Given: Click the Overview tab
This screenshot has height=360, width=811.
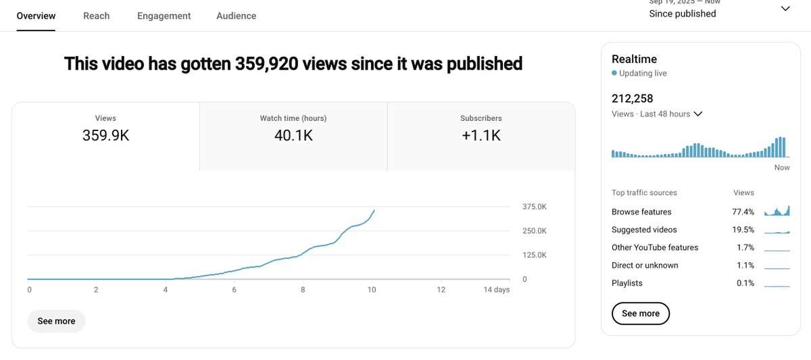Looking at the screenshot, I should click(36, 16).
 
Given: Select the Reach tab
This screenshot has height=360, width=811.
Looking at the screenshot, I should click(97, 16).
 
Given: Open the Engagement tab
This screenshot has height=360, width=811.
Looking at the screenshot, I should click(164, 16).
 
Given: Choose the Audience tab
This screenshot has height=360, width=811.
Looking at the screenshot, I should click(236, 16).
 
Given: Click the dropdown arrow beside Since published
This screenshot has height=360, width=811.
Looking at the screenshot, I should click(785, 9).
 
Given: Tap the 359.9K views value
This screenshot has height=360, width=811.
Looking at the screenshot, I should click(105, 135).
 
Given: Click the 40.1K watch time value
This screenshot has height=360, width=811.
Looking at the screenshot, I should click(293, 135).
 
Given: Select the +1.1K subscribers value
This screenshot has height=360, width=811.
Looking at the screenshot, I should click(481, 135).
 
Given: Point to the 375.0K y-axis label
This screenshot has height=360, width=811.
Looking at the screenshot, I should click(535, 207).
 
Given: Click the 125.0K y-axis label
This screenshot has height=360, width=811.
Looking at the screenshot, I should click(535, 255).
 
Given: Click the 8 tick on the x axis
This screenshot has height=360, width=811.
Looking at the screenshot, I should click(303, 290).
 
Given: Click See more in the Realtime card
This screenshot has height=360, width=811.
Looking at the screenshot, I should click(640, 313).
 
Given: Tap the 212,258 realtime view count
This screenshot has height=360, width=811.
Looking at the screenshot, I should click(633, 99).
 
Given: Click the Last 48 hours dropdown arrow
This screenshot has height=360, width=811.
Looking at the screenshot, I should click(698, 114).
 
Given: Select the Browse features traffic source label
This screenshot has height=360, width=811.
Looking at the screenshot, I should click(641, 212).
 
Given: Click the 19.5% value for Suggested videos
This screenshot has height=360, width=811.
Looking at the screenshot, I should click(745, 230).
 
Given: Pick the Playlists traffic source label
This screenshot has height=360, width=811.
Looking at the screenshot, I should click(627, 283).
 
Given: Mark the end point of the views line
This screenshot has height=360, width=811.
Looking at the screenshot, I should click(374, 210).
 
